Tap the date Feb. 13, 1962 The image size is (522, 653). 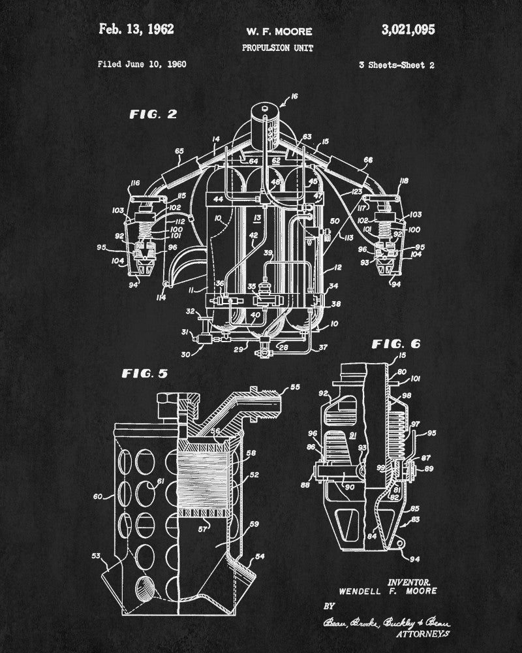tap(136, 29)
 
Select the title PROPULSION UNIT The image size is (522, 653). tap(278, 48)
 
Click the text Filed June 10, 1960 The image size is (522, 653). tap(142, 64)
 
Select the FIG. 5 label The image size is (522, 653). tap(145, 374)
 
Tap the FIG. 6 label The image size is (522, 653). tap(396, 343)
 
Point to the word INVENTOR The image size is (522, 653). tap(409, 581)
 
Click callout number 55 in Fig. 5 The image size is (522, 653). tap(296, 387)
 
